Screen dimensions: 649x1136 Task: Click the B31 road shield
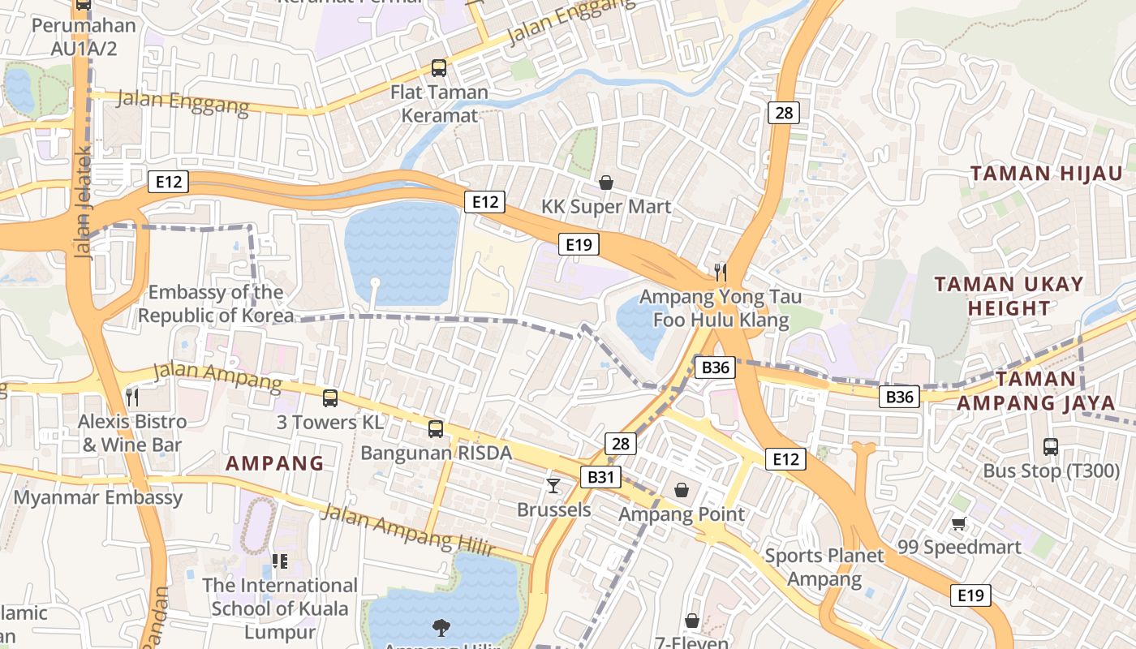[x=600, y=477]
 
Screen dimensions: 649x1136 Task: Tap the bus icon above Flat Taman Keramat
[x=439, y=67]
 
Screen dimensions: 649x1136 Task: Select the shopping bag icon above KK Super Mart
[x=606, y=183]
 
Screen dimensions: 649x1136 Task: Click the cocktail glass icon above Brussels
[x=553, y=485]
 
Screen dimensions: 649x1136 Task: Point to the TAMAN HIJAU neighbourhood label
[x=1047, y=173]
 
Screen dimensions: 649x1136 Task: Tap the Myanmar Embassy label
[x=98, y=497]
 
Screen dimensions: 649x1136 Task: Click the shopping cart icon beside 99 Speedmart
[x=959, y=523]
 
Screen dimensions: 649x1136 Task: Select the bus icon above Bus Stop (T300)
[x=1051, y=446]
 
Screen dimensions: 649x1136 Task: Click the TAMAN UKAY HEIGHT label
[x=1009, y=296]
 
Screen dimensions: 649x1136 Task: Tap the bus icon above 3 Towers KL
[x=330, y=398]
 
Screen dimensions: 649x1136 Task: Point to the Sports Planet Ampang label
[x=824, y=567]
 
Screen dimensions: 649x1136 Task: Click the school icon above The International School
[x=280, y=561]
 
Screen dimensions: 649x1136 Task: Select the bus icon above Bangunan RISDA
[x=436, y=428]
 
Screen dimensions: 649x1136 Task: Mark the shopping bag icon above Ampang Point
[x=682, y=490]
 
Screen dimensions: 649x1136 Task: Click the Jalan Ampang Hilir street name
[x=407, y=530]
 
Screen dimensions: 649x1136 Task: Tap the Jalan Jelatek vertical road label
[x=84, y=203]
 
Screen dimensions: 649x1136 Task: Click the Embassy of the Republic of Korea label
[x=216, y=303]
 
